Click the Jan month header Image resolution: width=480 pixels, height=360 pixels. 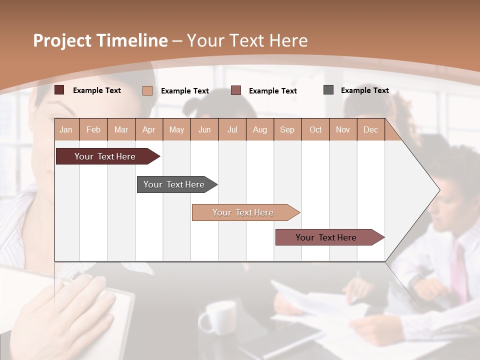click(x=66, y=129)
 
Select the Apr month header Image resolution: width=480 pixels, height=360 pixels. click(x=148, y=129)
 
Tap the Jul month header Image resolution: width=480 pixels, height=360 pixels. click(x=232, y=129)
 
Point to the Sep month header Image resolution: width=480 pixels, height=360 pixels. click(x=287, y=129)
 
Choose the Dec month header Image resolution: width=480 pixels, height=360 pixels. click(x=370, y=129)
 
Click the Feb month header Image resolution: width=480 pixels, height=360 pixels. click(x=93, y=129)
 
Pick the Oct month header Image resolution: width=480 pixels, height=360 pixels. click(x=315, y=129)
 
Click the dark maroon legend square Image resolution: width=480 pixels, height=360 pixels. click(x=59, y=90)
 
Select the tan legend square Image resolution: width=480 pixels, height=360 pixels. click(x=147, y=90)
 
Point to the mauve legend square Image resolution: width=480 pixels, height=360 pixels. click(x=236, y=90)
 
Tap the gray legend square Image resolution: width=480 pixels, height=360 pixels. click(x=328, y=90)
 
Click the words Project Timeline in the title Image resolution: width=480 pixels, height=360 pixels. click(x=100, y=40)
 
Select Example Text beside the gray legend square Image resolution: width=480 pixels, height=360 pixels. click(x=364, y=90)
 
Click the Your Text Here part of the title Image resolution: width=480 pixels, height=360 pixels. click(x=247, y=40)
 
